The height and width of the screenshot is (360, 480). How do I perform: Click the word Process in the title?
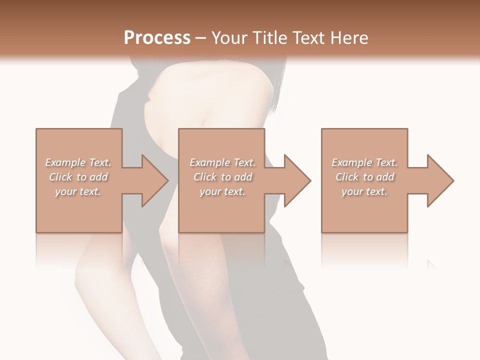tap(157, 37)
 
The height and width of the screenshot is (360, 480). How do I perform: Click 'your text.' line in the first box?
tap(78, 191)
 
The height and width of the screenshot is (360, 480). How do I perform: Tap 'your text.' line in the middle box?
tap(222, 191)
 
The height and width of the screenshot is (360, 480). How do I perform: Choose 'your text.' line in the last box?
tap(364, 191)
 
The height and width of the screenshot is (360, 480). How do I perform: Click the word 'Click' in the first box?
tap(60, 177)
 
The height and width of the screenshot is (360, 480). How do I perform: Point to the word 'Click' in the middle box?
tap(204, 177)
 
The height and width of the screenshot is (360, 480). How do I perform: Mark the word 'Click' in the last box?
tap(346, 177)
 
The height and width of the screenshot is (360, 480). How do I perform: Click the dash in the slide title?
tap(201, 38)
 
